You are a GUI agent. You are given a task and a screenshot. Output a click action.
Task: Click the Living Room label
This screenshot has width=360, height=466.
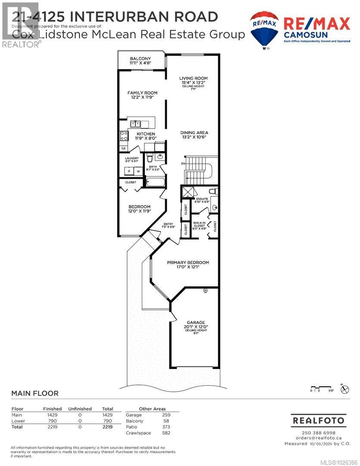[x=193, y=79]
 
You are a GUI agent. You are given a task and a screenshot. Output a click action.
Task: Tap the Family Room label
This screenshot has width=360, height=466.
[x=142, y=93]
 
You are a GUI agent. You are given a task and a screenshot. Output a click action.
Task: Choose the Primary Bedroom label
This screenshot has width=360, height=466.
[x=188, y=262]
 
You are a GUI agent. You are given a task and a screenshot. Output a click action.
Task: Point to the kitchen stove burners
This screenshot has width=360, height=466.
[x=124, y=136]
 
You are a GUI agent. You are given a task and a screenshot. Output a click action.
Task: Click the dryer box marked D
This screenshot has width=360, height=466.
[x=128, y=171]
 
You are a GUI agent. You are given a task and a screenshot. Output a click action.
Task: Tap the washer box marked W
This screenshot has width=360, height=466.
[x=138, y=171]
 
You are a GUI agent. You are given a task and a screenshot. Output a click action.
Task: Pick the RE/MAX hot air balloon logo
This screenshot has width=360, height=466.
[x=265, y=29]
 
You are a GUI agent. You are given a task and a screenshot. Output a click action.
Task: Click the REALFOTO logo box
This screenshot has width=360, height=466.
[x=319, y=420]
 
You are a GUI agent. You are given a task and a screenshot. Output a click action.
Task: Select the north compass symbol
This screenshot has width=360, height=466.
[x=344, y=389]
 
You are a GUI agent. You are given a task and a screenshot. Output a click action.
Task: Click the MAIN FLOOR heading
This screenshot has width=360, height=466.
[x=34, y=394]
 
